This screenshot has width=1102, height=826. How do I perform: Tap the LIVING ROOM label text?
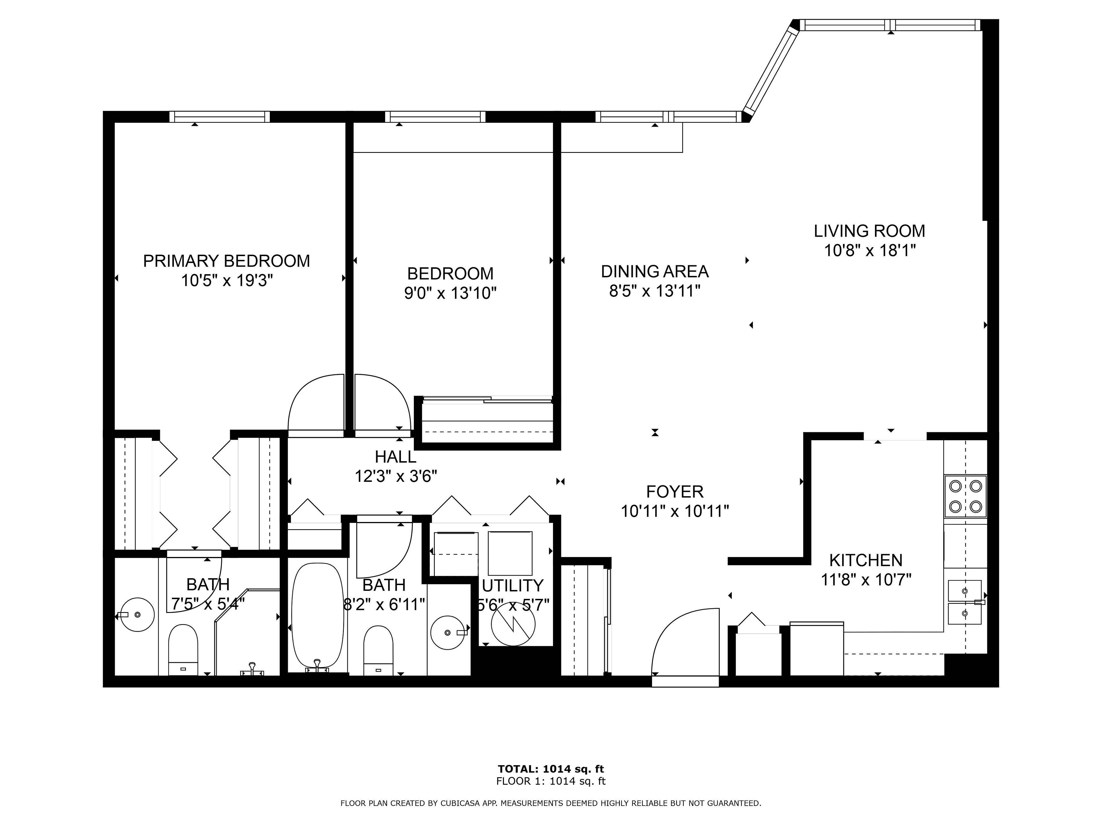click(869, 231)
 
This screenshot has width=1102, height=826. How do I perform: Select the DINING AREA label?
click(655, 271)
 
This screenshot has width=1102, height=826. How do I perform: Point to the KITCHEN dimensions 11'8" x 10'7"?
click(866, 580)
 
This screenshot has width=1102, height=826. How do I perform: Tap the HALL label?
click(395, 457)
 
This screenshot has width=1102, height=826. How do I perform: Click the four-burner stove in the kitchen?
click(965, 496)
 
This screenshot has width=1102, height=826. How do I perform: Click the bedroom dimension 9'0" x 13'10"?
click(450, 293)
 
